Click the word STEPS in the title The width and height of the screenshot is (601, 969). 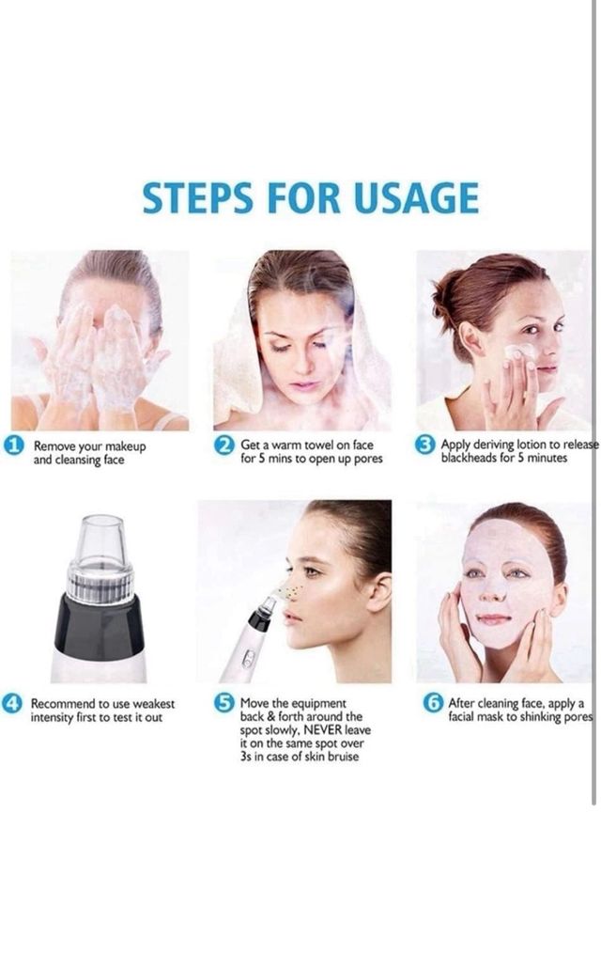[197, 198]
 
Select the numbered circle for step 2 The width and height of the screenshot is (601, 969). [224, 445]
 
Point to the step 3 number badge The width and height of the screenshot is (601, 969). [424, 445]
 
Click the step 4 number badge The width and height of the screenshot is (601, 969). [11, 703]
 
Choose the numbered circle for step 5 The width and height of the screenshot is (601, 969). [224, 703]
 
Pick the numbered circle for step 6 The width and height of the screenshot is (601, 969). [433, 703]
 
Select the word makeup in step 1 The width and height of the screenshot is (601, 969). [126, 446]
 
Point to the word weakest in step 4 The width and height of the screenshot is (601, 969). [154, 704]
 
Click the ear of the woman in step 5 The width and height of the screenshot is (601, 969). [380, 591]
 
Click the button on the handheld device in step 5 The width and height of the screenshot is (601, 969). [248, 659]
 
